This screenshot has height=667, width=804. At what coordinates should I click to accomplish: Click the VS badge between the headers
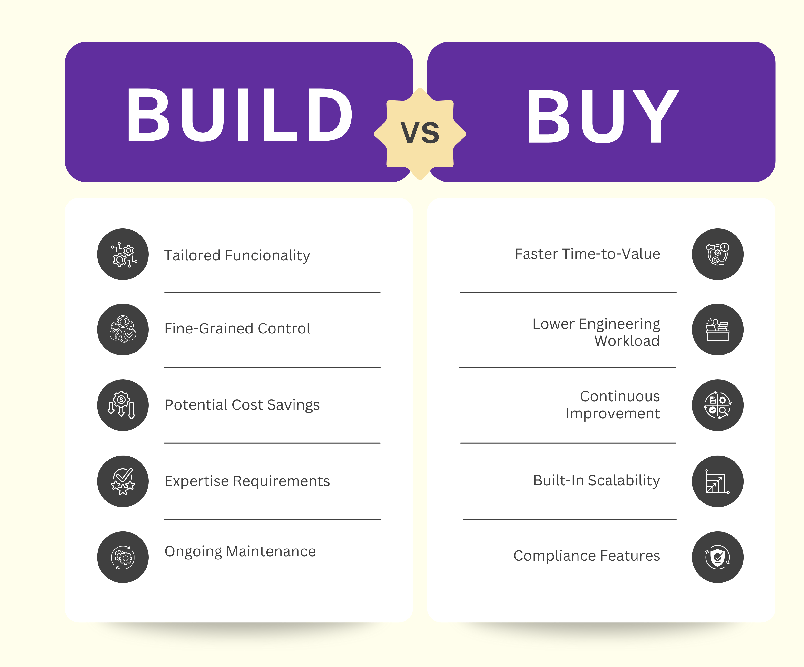420,133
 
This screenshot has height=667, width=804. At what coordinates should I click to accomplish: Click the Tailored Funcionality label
237,255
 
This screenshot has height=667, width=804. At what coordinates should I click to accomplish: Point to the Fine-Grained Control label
237,329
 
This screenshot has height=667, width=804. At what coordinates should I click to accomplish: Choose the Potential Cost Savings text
242,405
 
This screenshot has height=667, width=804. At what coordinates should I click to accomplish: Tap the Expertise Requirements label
247,481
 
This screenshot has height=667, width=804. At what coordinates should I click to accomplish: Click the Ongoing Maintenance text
240,551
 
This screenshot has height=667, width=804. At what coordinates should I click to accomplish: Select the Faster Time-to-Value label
587,254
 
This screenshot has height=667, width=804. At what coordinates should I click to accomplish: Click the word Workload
627,341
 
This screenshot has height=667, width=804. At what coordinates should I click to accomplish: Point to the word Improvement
613,413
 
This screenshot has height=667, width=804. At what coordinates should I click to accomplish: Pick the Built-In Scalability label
597,480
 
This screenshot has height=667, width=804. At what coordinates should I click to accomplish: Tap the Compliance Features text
587,556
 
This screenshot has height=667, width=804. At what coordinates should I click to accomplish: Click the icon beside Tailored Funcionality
123,254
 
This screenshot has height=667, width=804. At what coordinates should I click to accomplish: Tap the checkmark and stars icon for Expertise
123,481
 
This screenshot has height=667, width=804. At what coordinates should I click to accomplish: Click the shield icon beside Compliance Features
717,557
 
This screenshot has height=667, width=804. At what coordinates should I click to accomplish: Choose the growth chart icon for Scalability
717,481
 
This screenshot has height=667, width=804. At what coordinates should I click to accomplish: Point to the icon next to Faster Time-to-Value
717,254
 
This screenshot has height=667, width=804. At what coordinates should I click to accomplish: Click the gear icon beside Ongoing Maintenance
123,557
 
